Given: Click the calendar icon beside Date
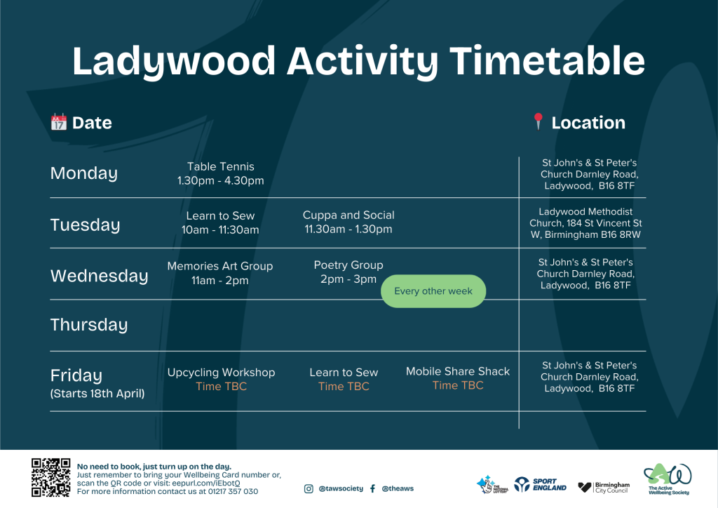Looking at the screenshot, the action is point(59,122).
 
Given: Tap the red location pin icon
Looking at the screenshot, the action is point(538,121).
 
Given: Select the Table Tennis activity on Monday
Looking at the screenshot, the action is point(221,173).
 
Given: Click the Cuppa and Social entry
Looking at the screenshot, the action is point(348,222).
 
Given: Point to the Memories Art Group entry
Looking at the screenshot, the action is point(220,273).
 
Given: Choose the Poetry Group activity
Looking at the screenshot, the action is point(348,272).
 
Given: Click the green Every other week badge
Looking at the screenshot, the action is point(433,291).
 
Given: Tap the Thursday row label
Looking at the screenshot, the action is point(89,325).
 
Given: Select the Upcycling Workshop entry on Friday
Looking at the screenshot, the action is point(221,380).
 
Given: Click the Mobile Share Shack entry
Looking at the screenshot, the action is point(458,378).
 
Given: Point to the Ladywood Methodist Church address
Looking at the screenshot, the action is point(585,223).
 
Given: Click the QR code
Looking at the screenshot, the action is point(50,477).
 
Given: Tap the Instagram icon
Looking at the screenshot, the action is point(309,489).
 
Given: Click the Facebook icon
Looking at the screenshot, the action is point(373,489).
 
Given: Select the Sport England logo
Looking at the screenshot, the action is point(541,485).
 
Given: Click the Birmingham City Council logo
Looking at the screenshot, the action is point(604,488).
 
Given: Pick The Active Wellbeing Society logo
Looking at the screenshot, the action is point(668,479).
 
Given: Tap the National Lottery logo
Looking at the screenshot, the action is point(492,485).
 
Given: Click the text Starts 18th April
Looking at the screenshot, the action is point(97,394).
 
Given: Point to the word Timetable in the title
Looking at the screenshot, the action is point(547,61).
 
